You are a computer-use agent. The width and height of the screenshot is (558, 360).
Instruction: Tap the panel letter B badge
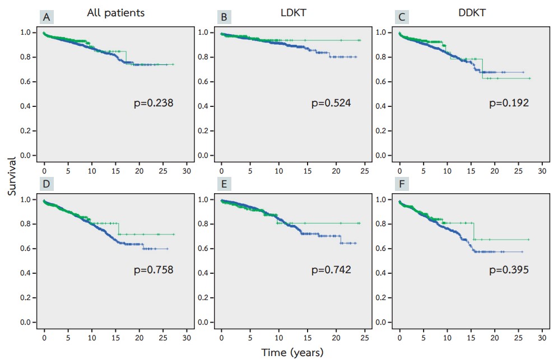(224, 16)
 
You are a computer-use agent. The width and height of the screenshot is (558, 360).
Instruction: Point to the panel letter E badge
(224, 184)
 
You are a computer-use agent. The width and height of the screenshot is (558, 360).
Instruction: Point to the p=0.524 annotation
(331, 103)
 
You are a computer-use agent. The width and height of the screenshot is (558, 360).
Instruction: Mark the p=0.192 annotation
(509, 103)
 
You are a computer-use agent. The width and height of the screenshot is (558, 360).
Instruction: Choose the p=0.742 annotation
(331, 270)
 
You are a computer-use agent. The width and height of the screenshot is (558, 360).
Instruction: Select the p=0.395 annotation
(509, 270)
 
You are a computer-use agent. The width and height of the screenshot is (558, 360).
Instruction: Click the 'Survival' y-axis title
(12, 176)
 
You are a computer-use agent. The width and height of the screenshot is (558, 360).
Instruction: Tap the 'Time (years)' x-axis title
(292, 352)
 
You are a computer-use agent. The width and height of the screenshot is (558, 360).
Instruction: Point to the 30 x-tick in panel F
(542, 338)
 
